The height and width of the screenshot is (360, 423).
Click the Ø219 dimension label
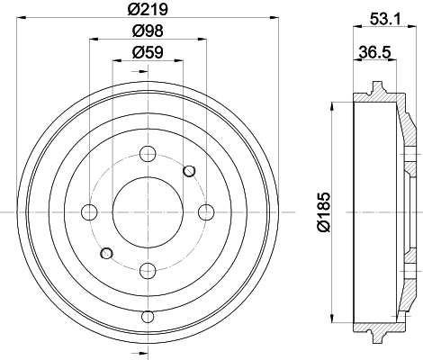[148, 9]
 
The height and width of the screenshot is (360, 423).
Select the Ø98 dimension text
[148, 31]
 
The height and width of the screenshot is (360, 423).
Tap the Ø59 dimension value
[148, 52]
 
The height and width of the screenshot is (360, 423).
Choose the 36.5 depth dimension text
[375, 52]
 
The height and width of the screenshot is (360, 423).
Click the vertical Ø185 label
[324, 211]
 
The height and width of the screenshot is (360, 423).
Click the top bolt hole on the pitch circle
[148, 154]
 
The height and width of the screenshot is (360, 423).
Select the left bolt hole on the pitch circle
[89, 212]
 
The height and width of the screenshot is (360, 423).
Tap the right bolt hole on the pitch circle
[206, 212]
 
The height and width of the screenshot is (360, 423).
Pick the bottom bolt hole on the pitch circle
[148, 271]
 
